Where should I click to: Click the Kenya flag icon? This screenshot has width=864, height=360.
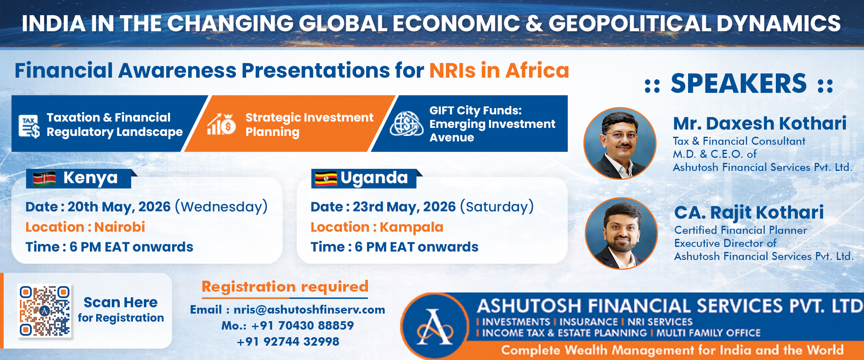pyautogui.click(x=44, y=179)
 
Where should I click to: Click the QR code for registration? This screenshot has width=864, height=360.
pyautogui.click(x=44, y=311)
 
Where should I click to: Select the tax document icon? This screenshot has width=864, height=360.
pyautogui.click(x=29, y=126)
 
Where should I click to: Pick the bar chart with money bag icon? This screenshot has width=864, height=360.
pyautogui.click(x=221, y=124)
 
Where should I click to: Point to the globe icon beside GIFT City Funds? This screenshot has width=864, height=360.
pyautogui.click(x=406, y=124)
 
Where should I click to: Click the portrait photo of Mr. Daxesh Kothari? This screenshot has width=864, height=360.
pyautogui.click(x=620, y=143)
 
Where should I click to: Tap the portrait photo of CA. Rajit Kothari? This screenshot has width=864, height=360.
pyautogui.click(x=621, y=233)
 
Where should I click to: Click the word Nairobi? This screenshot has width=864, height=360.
pyautogui.click(x=120, y=227)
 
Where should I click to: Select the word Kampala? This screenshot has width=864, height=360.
pyautogui.click(x=411, y=227)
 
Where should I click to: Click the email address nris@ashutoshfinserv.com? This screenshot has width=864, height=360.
pyautogui.click(x=309, y=310)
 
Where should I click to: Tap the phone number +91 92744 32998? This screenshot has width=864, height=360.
pyautogui.click(x=288, y=341)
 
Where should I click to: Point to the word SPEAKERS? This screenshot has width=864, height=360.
pyautogui.click(x=739, y=83)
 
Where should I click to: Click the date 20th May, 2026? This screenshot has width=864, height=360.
pyautogui.click(x=119, y=207)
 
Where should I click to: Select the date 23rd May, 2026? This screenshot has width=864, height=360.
pyautogui.click(x=404, y=207)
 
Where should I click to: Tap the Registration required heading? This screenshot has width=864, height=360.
pyautogui.click(x=285, y=287)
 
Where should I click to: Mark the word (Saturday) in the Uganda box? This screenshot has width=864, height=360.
pyautogui.click(x=497, y=207)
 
